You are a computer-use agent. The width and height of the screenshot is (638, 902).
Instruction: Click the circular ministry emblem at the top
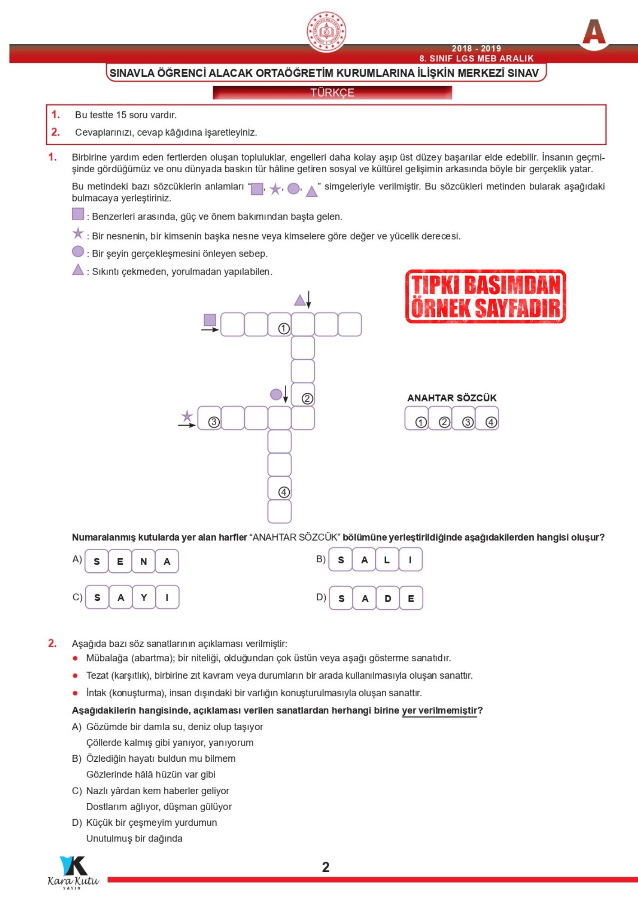pyautogui.click(x=326, y=32)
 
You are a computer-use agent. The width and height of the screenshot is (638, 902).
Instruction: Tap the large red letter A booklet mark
pyautogui.click(x=594, y=32)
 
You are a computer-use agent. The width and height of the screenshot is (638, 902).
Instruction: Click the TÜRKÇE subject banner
pyautogui.click(x=332, y=92)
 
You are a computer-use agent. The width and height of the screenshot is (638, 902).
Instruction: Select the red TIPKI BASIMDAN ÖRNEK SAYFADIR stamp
pyautogui.click(x=485, y=296)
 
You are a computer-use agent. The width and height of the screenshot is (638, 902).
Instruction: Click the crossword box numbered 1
pyautogui.click(x=280, y=325)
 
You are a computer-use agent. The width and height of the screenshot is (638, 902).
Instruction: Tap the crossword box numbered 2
pyautogui.click(x=303, y=395)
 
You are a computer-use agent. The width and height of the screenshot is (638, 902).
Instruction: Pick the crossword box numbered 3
pyautogui.click(x=210, y=418)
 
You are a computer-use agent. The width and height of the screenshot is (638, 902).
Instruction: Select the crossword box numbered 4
pyautogui.click(x=280, y=488)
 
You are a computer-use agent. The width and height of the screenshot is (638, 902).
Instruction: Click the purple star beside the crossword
pyautogui.click(x=187, y=416)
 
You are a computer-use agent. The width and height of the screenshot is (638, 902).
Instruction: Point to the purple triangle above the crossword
pyautogui.click(x=300, y=300)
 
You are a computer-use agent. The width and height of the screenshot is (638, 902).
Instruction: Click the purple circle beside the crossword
pyautogui.click(x=276, y=394)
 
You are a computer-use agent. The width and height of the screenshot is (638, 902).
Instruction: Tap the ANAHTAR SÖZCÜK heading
pyautogui.click(x=452, y=398)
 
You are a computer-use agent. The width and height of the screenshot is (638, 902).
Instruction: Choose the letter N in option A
pyautogui.click(x=143, y=561)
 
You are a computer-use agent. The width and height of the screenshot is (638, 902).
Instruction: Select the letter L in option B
pyautogui.click(x=387, y=560)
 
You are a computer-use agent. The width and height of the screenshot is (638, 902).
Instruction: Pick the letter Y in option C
pyautogui.click(x=144, y=598)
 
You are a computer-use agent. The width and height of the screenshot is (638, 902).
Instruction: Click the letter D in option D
pyautogui.click(x=388, y=598)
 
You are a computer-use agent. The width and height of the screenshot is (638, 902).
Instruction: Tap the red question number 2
pyautogui.click(x=52, y=643)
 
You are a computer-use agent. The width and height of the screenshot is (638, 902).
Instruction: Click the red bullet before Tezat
pyautogui.click(x=75, y=676)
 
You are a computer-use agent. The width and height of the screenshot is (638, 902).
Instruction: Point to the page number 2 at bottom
pyautogui.click(x=326, y=867)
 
